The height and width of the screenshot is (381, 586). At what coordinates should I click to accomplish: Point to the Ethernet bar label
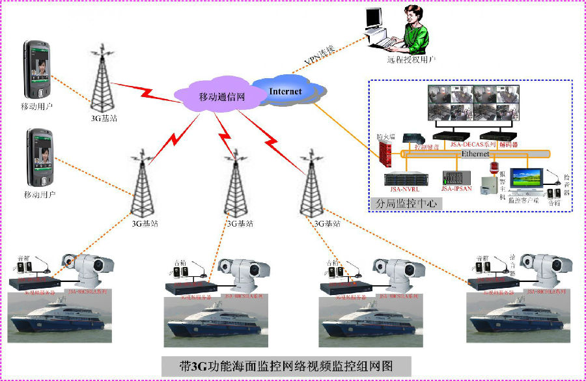tap(475, 154)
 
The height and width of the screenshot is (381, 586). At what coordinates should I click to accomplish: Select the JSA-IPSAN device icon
tap(455, 177)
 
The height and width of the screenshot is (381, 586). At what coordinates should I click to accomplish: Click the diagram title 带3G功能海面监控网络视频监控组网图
tap(286, 364)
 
